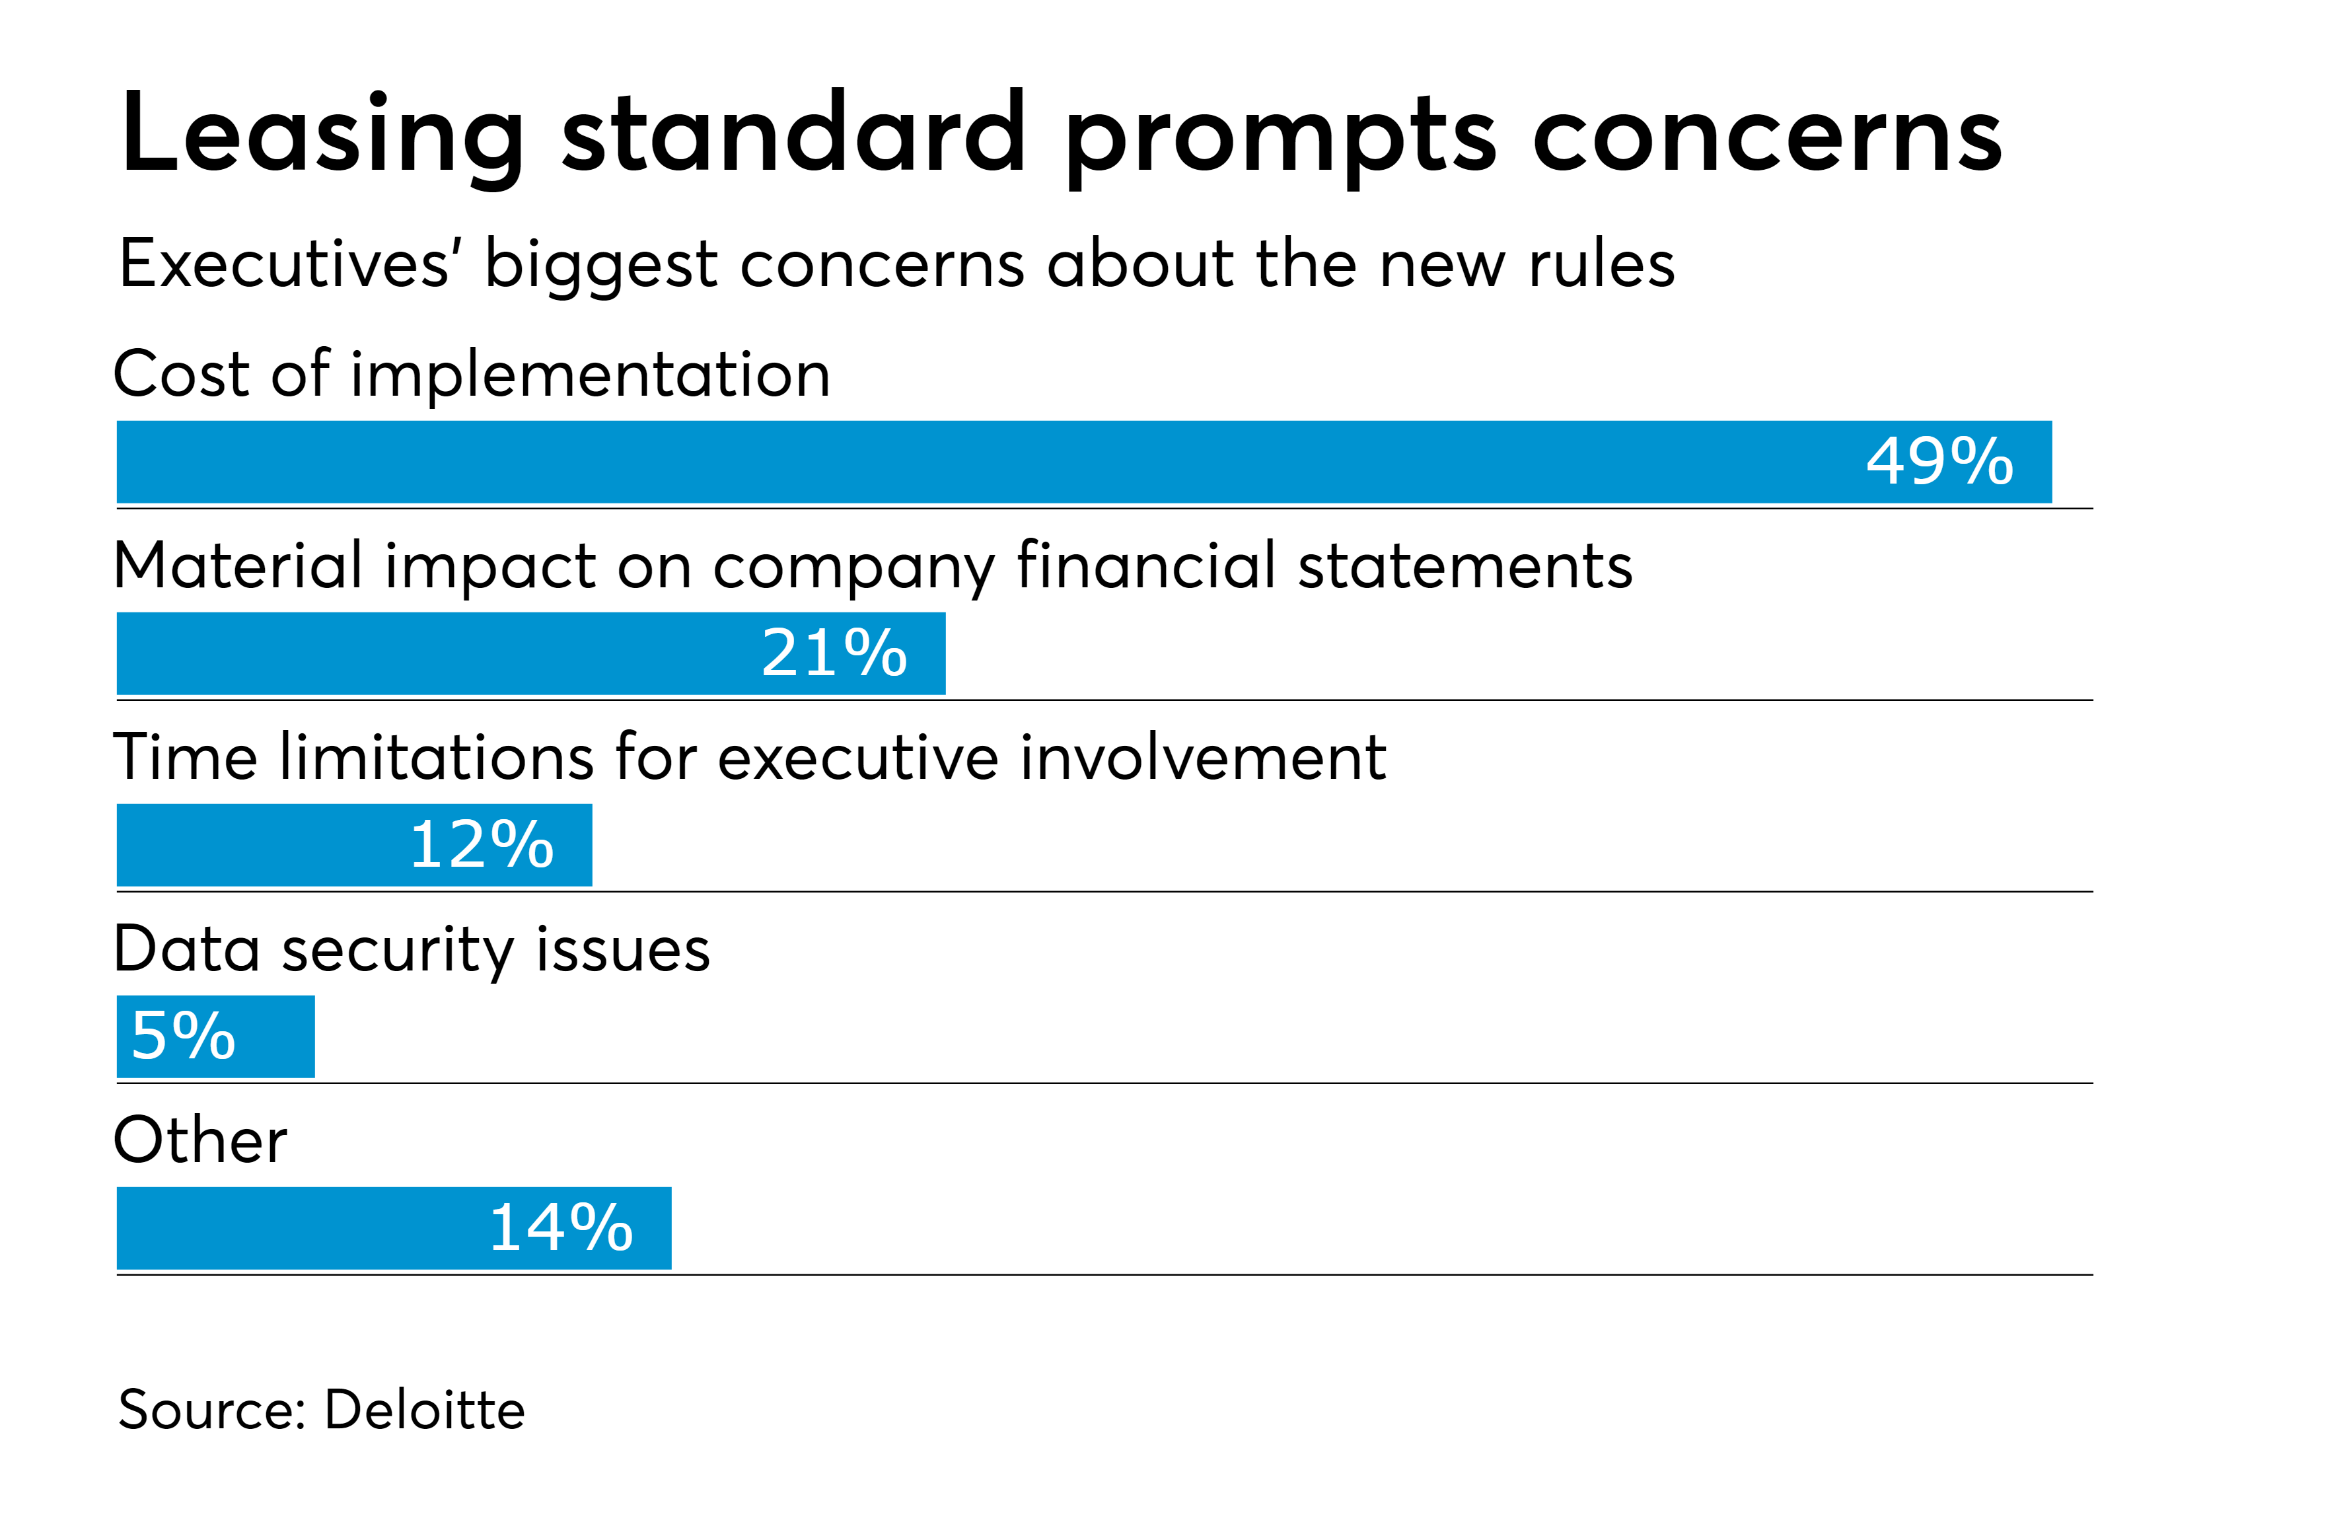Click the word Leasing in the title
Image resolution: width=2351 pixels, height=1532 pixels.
[x=322, y=135]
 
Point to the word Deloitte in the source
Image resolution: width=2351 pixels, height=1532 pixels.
[x=425, y=1410]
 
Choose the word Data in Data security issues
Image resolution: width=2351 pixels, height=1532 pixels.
[x=187, y=949]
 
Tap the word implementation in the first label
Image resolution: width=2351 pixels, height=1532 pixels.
[x=590, y=375]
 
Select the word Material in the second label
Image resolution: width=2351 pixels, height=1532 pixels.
[x=238, y=566]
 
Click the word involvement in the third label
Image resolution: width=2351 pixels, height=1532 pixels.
[x=1202, y=758]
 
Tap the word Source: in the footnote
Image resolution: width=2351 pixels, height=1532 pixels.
[x=211, y=1410]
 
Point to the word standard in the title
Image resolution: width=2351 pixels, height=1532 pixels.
[x=793, y=135]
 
